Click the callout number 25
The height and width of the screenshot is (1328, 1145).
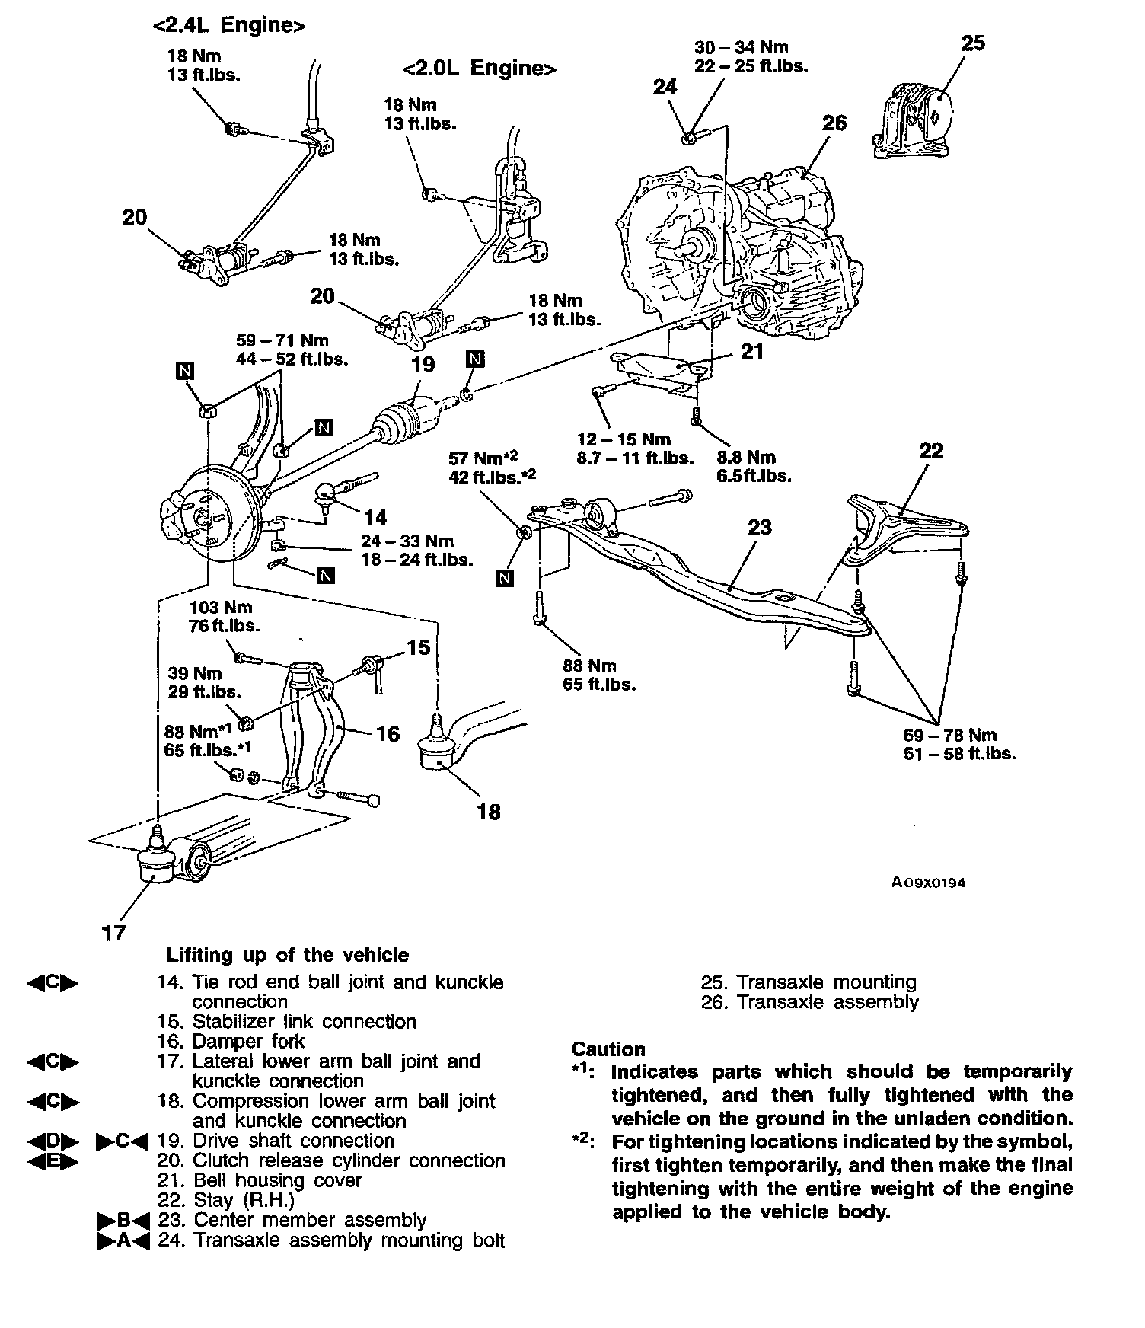coord(972,43)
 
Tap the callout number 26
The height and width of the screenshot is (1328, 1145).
coord(834,123)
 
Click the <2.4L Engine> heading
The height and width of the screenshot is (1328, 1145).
coord(229,25)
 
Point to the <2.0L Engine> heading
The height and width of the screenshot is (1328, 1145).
coord(480,69)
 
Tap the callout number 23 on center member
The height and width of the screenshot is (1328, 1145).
coord(759,527)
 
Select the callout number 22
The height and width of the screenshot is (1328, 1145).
coord(930,451)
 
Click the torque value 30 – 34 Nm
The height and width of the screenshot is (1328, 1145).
coord(741,48)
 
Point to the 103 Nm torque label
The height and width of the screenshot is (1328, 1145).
coord(220,608)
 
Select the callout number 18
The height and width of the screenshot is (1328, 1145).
coord(488,812)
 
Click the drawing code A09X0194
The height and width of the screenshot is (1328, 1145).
coord(929,883)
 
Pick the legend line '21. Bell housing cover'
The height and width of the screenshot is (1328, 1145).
coord(260,1180)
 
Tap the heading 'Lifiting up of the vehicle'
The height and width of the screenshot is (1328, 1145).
coord(288,955)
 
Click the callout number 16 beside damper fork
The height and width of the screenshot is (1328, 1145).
coord(388,733)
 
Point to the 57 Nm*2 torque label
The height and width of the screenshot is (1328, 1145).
coord(483,458)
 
